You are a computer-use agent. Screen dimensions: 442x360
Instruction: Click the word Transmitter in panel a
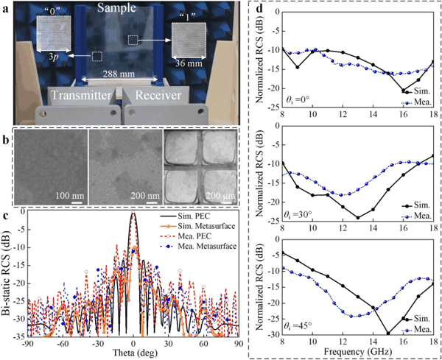click(x=81, y=95)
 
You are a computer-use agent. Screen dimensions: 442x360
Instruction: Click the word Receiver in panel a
click(x=158, y=95)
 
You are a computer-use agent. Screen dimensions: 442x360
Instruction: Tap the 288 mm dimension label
click(x=119, y=74)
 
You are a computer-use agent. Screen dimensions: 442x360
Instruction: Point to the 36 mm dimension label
click(x=189, y=63)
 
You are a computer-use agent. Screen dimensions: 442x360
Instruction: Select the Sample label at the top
click(x=116, y=7)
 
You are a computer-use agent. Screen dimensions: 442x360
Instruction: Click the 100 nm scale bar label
click(x=70, y=196)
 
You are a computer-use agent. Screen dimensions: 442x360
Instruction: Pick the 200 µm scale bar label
click(x=220, y=196)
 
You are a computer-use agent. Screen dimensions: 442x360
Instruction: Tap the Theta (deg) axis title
click(x=135, y=353)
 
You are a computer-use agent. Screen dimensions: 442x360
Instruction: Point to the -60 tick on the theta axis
click(x=63, y=344)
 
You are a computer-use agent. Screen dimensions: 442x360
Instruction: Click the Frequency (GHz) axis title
click(x=358, y=352)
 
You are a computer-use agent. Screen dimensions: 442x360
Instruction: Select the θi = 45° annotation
click(x=298, y=325)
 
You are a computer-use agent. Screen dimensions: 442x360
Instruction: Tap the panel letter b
click(x=6, y=140)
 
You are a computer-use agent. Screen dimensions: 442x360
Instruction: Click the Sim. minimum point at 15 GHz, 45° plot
click(x=388, y=333)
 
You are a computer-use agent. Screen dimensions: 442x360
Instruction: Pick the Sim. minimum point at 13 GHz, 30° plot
click(x=358, y=218)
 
